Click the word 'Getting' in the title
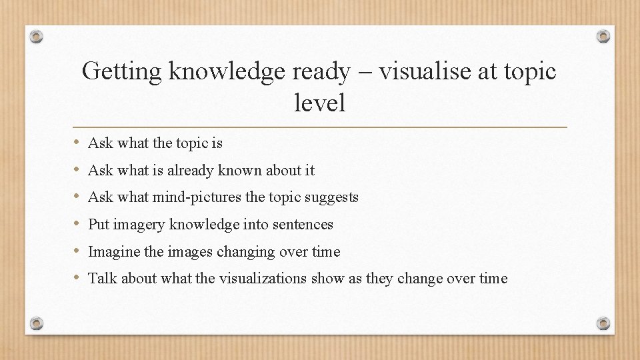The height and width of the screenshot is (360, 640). click(x=122, y=71)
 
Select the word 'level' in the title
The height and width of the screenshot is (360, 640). click(x=319, y=102)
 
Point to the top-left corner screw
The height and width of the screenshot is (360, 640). click(x=37, y=36)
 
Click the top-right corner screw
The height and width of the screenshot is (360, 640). click(x=603, y=36)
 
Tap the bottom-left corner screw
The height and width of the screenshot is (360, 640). click(x=37, y=323)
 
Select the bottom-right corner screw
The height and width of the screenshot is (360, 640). click(x=603, y=323)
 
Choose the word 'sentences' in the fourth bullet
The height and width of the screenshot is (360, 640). click(x=303, y=225)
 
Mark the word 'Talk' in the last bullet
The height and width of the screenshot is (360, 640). click(x=102, y=279)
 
